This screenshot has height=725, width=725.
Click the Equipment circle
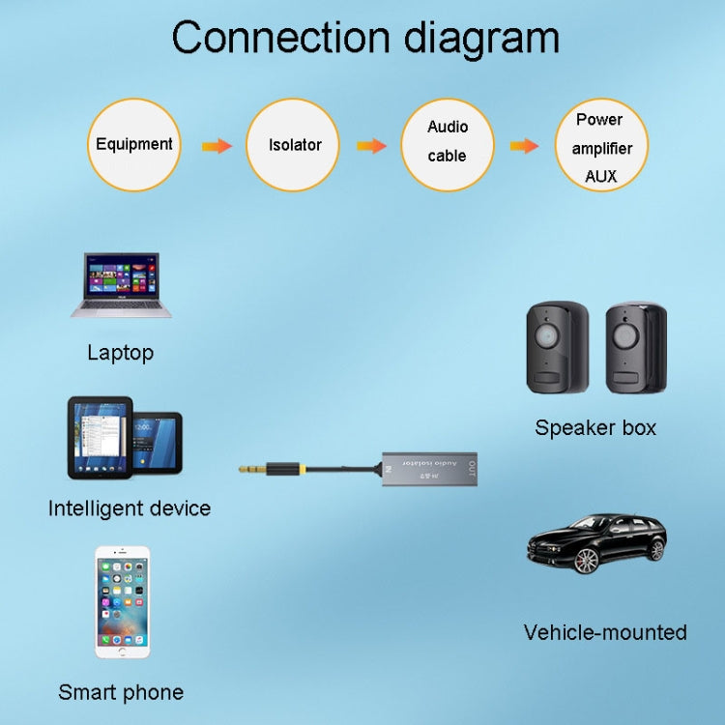click(x=134, y=145)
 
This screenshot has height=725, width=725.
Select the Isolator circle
click(x=294, y=145)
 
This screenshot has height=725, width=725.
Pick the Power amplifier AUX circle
click(x=600, y=146)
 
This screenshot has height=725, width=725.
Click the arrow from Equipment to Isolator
click(x=217, y=146)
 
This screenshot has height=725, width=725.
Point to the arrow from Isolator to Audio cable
click(x=371, y=146)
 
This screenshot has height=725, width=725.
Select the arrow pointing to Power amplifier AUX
click(x=524, y=146)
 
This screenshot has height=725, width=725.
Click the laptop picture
click(x=122, y=285)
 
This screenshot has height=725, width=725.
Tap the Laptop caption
click(x=120, y=352)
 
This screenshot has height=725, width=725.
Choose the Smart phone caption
click(x=121, y=691)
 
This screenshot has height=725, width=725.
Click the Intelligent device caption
click(x=129, y=507)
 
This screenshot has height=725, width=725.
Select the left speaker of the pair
click(x=558, y=348)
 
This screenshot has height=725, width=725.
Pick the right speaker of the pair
click(x=636, y=348)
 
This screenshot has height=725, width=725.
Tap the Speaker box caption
click(x=595, y=427)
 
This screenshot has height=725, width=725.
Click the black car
click(x=595, y=543)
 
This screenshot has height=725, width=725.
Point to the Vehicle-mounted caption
click(x=605, y=632)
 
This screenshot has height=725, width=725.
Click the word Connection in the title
click(x=280, y=39)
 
